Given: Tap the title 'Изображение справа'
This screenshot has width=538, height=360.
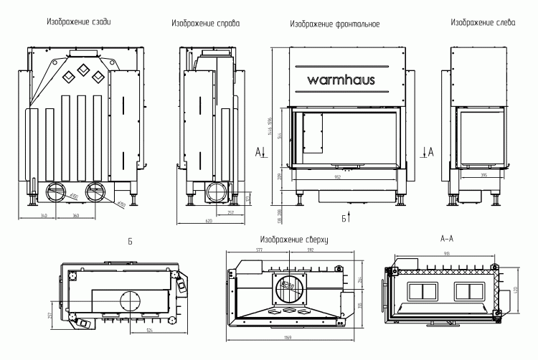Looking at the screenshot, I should tap(205, 24).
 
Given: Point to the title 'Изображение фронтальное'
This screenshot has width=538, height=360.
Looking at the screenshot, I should tap(334, 24).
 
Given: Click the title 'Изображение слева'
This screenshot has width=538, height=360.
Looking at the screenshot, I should tap(483, 22).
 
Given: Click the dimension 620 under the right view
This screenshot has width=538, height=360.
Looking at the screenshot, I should tap(209, 221).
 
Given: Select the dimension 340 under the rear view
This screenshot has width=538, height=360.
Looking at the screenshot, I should tap(44, 214).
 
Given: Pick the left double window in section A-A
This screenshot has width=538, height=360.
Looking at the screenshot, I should tap(422, 290).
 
